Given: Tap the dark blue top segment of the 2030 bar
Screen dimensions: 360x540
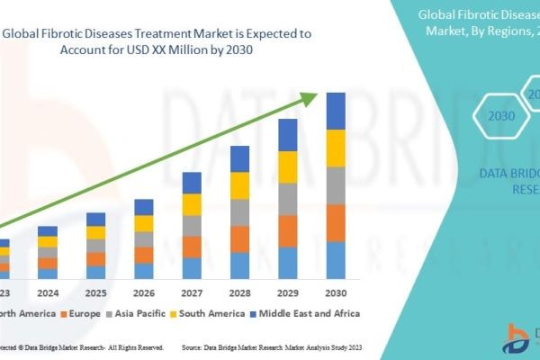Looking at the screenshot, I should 336,111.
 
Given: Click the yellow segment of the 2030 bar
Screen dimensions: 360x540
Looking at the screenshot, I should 336,148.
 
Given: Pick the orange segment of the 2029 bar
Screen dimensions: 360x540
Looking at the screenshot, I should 288,231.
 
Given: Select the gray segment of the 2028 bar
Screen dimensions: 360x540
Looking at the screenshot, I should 239,212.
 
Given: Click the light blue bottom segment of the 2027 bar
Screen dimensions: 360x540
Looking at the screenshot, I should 192,268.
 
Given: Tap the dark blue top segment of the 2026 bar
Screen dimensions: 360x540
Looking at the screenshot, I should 144,207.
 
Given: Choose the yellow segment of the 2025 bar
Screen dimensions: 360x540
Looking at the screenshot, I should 96,232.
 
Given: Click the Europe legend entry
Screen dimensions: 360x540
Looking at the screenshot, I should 79,313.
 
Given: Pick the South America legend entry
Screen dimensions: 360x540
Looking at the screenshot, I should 210,313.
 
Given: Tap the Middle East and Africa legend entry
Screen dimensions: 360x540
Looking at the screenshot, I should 309,313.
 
